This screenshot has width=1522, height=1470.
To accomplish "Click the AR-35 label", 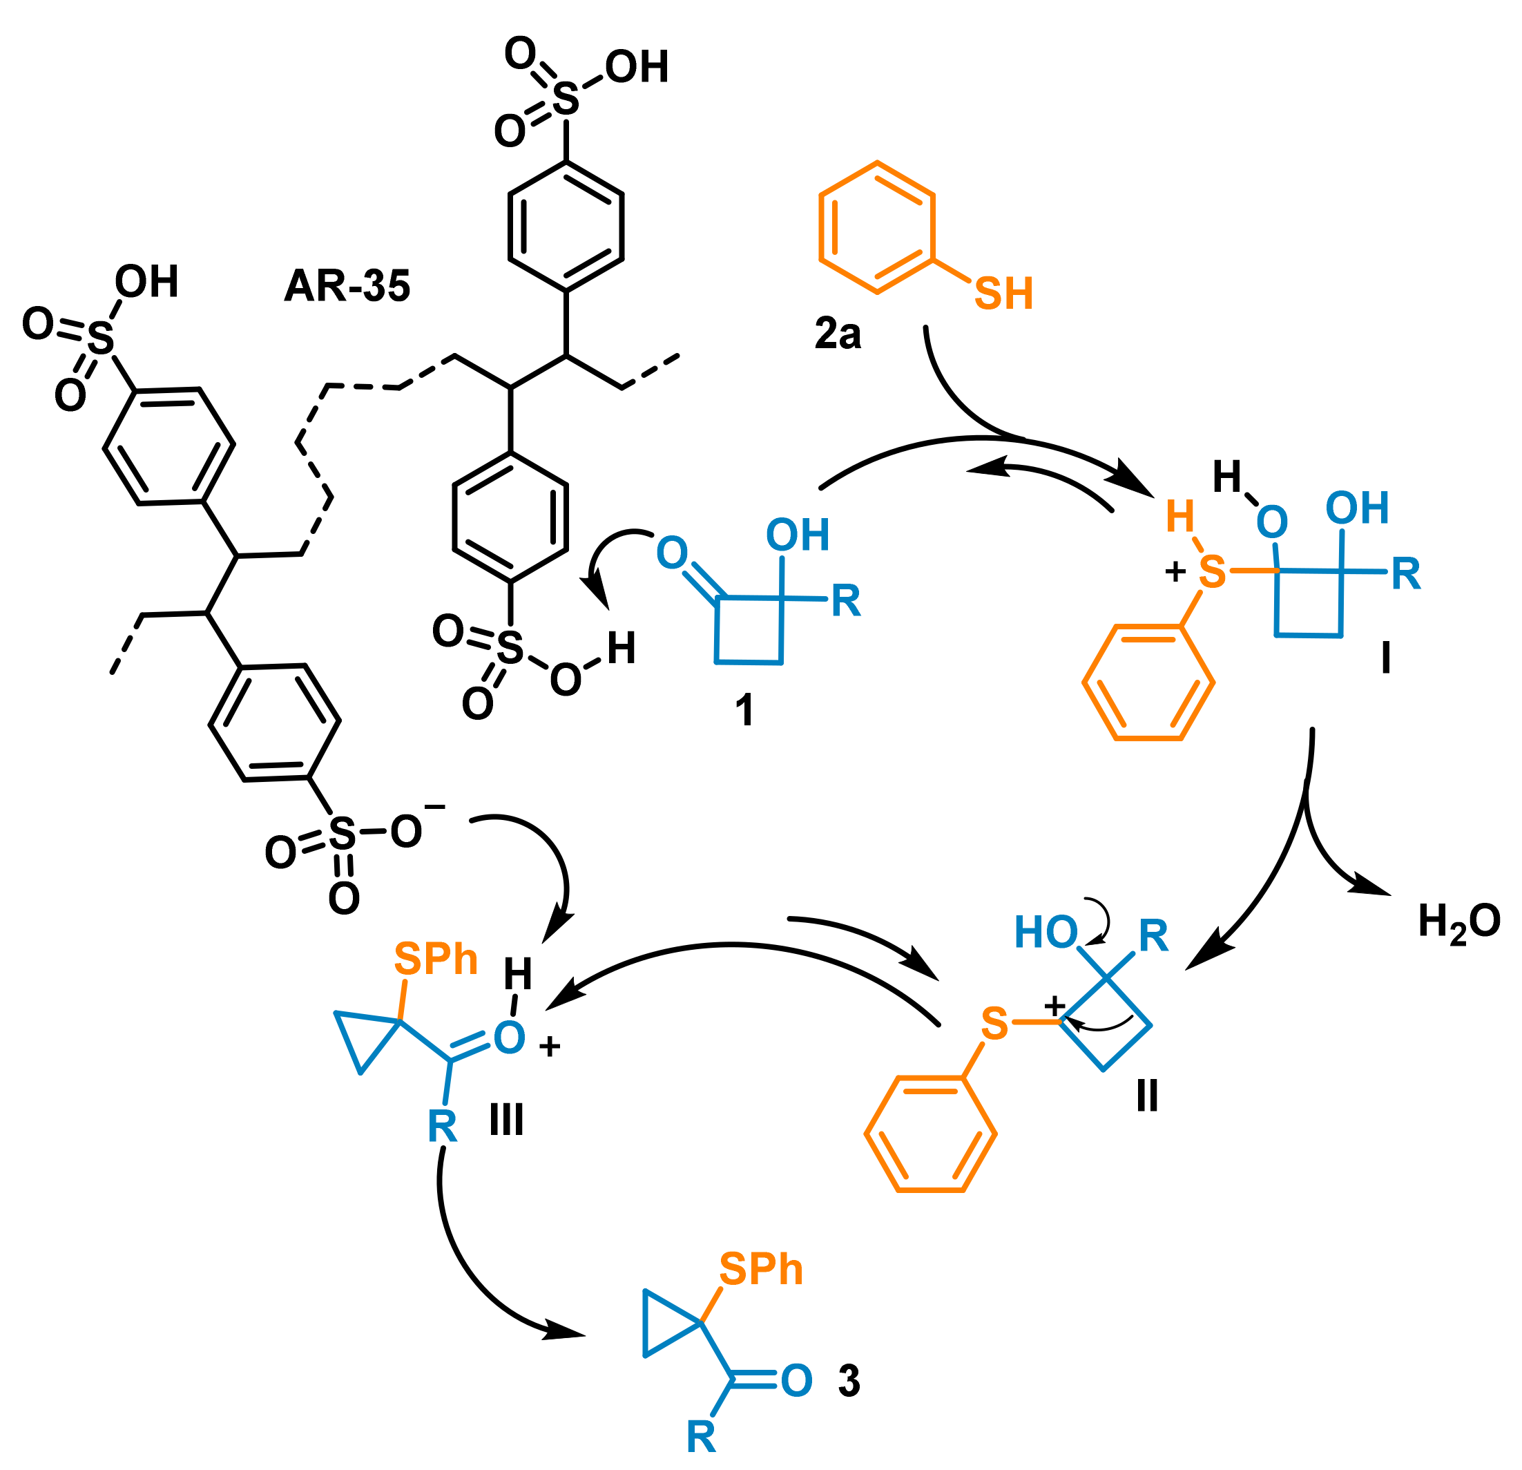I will [347, 286].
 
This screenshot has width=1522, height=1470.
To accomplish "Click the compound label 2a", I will [837, 334].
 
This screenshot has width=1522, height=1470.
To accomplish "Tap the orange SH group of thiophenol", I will [1003, 294].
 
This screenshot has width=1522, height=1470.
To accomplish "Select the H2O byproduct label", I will [1458, 922].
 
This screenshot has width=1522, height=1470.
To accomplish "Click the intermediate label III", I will [506, 1120].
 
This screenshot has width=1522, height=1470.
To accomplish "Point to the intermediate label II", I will [1147, 1096].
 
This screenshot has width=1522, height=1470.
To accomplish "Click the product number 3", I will [849, 1381].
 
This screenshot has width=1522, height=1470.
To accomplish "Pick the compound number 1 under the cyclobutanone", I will [744, 709].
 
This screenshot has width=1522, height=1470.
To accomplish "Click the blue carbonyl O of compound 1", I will [672, 553].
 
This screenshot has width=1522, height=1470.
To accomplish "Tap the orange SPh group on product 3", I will [760, 1270].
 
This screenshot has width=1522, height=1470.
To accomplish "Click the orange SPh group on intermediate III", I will [435, 959].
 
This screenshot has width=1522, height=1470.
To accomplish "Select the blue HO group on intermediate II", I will [1046, 932].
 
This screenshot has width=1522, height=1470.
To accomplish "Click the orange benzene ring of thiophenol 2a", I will [877, 228].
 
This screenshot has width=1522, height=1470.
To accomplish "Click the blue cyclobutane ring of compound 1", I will [749, 630].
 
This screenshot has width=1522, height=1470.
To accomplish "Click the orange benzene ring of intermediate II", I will [930, 1133].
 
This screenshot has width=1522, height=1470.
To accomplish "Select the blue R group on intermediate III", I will [442, 1127].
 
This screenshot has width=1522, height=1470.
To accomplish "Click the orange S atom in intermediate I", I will [1212, 573].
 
